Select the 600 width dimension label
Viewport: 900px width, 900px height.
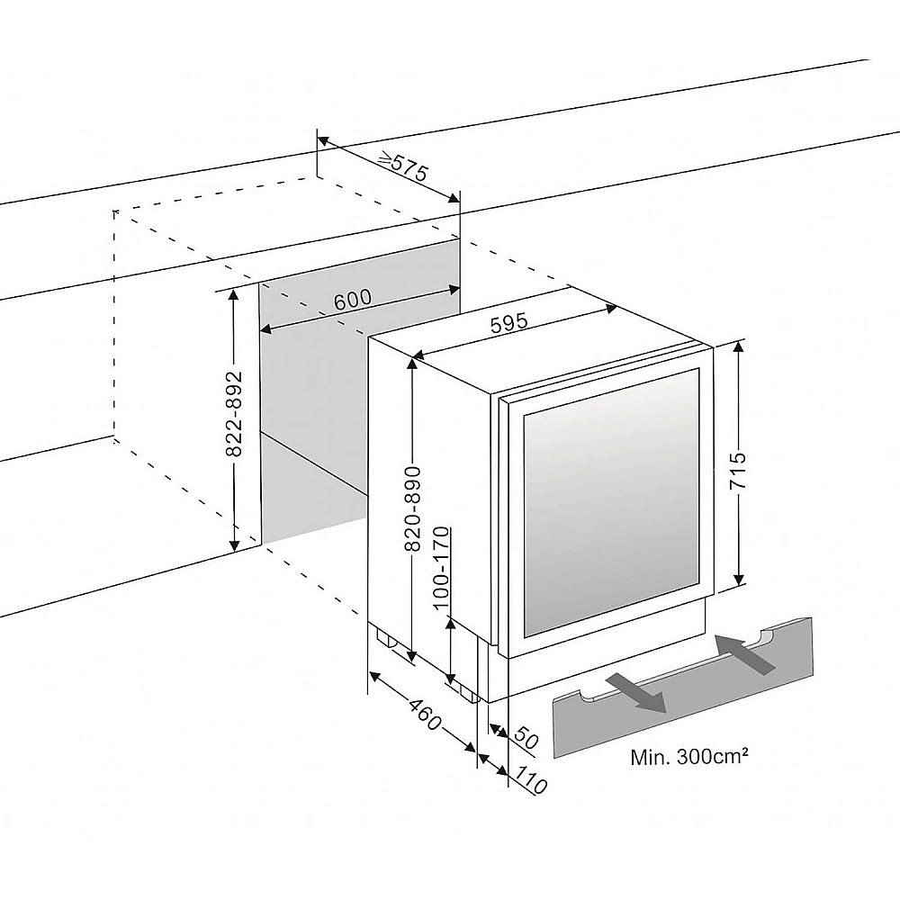(x=353, y=300)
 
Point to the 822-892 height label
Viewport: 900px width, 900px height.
(x=233, y=415)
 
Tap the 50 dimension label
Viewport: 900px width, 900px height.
(x=526, y=739)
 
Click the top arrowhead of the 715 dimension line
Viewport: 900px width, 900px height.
(x=739, y=347)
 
